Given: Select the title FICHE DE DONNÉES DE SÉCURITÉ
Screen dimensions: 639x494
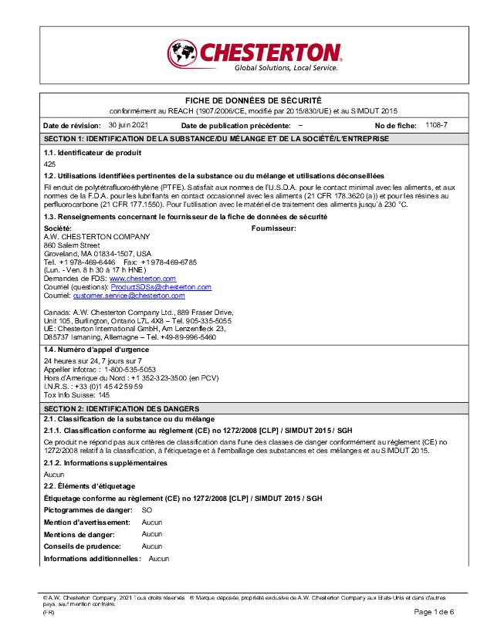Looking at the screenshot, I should (252, 101).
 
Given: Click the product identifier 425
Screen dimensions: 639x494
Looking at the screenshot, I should (49, 164).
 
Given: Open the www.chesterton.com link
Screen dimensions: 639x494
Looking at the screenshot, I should (143, 279).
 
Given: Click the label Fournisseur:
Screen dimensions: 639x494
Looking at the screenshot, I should (274, 229).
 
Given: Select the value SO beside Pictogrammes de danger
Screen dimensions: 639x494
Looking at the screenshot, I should (147, 511).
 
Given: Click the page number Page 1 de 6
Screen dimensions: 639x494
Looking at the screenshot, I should (435, 612).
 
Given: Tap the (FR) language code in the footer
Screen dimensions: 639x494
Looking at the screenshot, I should (49, 612).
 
